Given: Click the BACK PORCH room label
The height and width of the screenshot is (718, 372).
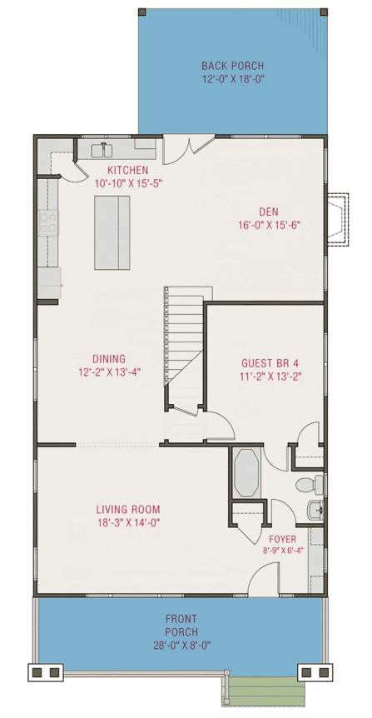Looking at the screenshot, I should pos(232,66).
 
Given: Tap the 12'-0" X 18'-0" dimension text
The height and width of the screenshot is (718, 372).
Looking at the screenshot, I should pos(232,80).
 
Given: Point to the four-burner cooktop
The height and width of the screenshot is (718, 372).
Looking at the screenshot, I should pos(48,222).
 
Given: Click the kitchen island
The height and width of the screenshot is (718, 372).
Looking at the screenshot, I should pos(113,232).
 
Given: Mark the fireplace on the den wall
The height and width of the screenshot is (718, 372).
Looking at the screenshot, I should pos(336,220).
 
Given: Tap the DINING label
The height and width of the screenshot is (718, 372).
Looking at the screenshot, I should pos(108,359).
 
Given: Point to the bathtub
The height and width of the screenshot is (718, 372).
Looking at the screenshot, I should pos(247,473).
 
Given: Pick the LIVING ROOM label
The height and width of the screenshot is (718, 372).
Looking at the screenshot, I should pos(127,509).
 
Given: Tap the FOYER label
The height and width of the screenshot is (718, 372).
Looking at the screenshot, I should pos(282,539).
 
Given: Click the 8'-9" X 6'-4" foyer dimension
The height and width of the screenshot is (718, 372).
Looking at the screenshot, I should pos(282,551).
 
